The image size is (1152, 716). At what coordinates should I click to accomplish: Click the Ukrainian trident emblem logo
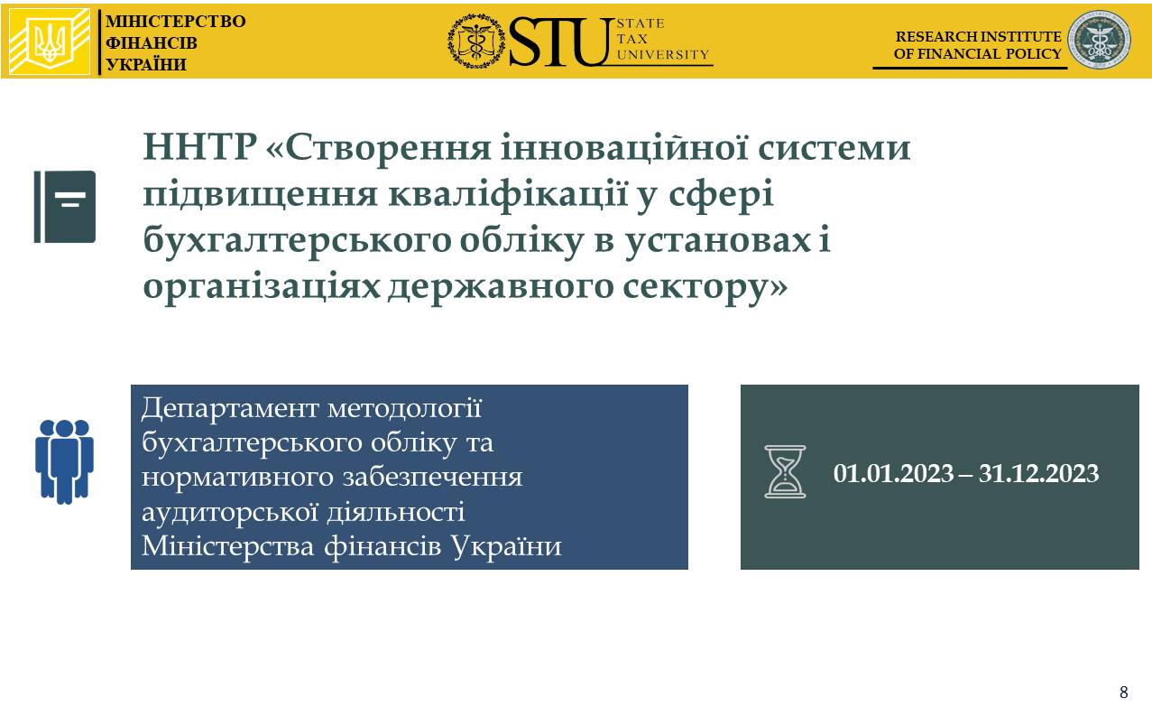coord(50,42)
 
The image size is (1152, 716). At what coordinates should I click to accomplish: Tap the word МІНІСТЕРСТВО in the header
coord(175,22)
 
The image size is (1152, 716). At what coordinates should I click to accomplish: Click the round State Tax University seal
coord(476,42)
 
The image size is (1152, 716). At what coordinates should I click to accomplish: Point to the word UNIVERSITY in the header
coord(663,54)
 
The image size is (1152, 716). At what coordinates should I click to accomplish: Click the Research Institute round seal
coord(1099,40)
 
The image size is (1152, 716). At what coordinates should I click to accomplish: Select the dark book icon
coord(65,207)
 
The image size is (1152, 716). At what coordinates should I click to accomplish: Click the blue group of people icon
coord(64,461)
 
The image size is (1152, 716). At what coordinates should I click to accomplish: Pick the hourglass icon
coord(785,471)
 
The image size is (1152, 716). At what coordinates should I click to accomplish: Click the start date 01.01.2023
coord(893,473)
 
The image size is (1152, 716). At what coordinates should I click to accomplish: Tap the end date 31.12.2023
coord(1038,473)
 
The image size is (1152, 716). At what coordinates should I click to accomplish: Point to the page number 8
coord(1124,692)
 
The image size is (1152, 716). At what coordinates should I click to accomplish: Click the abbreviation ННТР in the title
coord(199,147)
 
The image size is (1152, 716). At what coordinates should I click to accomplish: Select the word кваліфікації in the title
coord(508,194)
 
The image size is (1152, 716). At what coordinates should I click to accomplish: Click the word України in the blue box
coord(507,545)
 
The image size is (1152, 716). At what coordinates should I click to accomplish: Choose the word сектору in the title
coord(705,287)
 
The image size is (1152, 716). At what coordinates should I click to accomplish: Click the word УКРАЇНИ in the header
coord(146,65)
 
